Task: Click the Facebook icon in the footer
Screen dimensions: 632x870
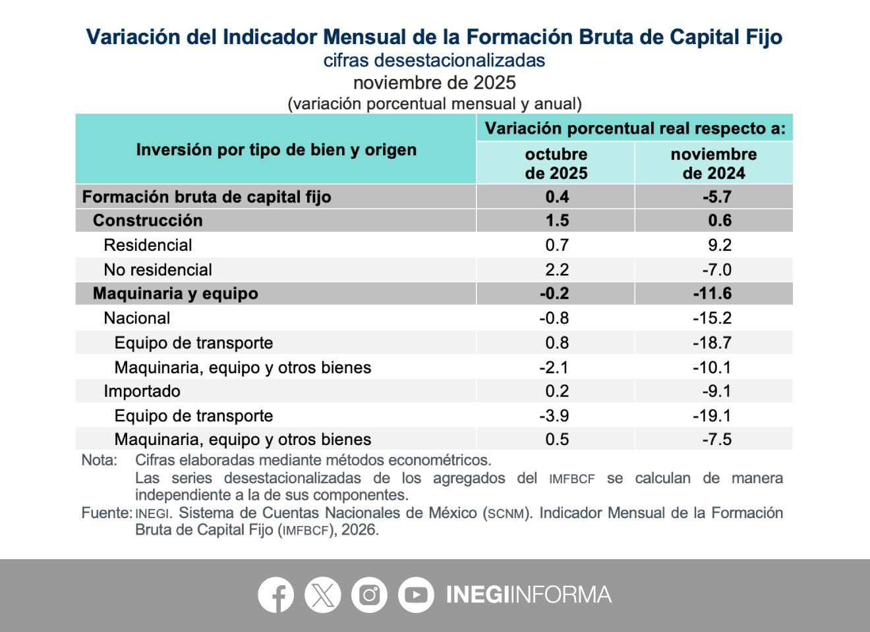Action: [x=275, y=594]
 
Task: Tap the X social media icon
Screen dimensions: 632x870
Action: [x=322, y=594]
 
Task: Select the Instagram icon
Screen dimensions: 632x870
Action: [x=369, y=594]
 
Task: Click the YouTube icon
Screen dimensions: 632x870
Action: [x=416, y=594]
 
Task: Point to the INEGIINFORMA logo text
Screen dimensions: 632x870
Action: [x=529, y=594]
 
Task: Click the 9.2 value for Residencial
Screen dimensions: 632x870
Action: [x=719, y=245]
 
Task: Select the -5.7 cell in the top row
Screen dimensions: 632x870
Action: [x=716, y=197]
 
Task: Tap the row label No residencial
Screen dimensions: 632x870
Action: [x=158, y=270]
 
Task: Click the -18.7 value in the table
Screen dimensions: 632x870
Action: [x=712, y=342]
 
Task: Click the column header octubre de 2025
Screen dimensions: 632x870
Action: [x=556, y=163]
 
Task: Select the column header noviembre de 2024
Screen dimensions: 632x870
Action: [x=714, y=163]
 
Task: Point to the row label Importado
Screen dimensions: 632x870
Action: [x=142, y=391]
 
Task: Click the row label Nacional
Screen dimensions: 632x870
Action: [x=136, y=318]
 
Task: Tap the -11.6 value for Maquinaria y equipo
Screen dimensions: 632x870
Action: [x=712, y=294]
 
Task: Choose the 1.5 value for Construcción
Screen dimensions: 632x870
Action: [x=557, y=221]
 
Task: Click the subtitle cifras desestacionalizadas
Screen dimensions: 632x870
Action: [x=434, y=61]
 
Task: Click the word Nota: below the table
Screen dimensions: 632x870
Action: [x=99, y=460]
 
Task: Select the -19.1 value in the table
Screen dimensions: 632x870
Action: [x=712, y=415]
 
